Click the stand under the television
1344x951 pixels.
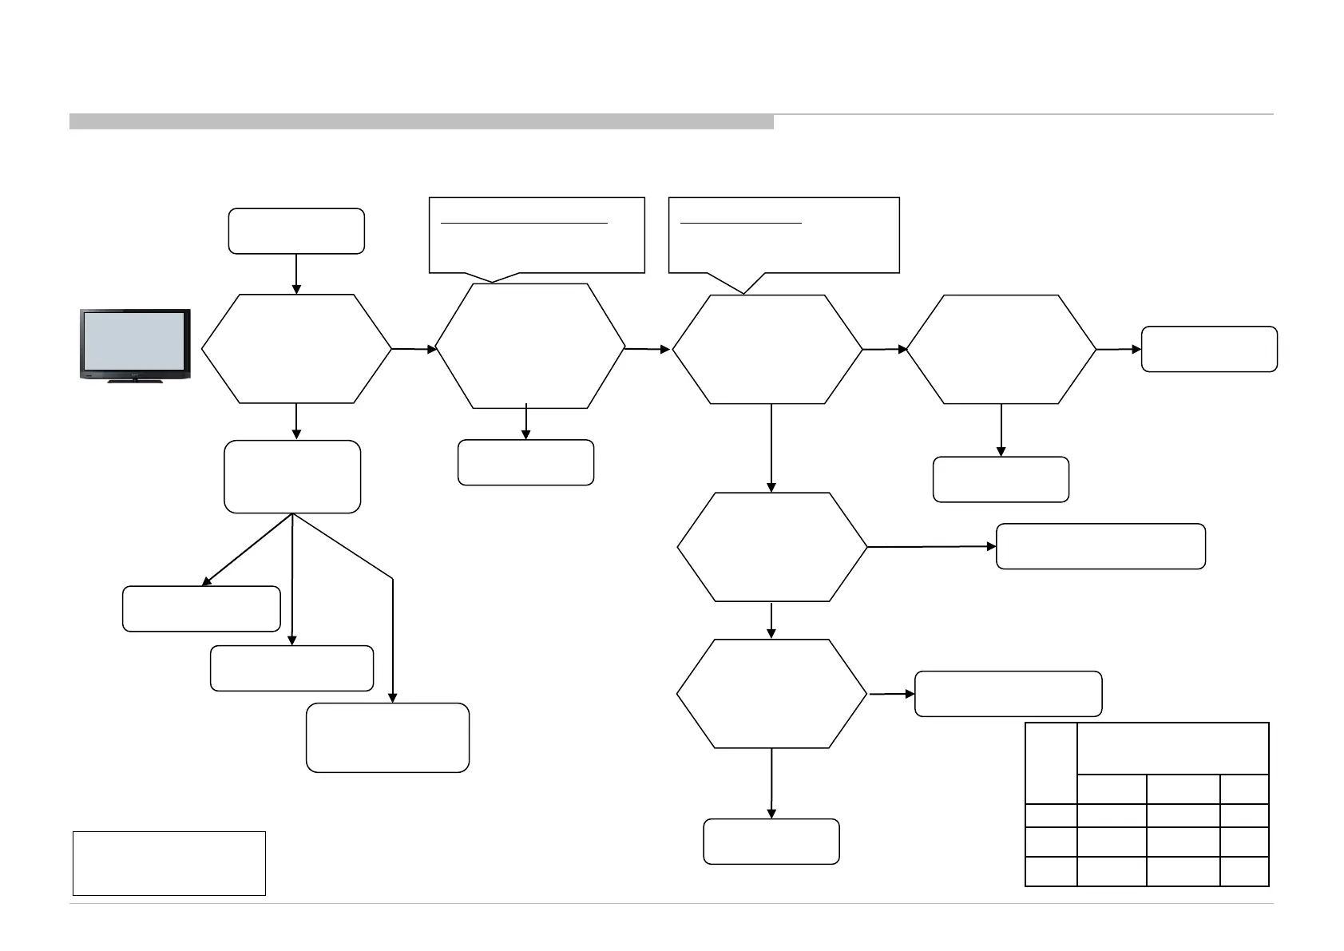click(x=135, y=381)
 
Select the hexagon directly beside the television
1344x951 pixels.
click(x=296, y=349)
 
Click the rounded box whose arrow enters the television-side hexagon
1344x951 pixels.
click(x=296, y=232)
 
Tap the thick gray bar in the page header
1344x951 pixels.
click(x=421, y=121)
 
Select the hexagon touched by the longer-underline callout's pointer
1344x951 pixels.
click(x=529, y=346)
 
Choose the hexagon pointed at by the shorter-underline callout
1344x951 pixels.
click(x=767, y=349)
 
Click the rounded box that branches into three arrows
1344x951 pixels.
click(x=292, y=477)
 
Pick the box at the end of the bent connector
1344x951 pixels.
click(x=387, y=737)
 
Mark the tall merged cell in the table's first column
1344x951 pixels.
click(x=1051, y=763)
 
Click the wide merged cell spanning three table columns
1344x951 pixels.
click(x=1172, y=748)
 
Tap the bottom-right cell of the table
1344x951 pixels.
click(x=1244, y=871)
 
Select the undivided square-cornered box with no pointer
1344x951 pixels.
click(x=168, y=863)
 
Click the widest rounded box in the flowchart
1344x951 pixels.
click(x=1100, y=546)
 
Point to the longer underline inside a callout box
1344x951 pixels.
click(x=525, y=223)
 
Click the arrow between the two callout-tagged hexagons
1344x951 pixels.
click(x=648, y=349)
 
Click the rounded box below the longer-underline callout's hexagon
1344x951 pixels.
click(x=525, y=462)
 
